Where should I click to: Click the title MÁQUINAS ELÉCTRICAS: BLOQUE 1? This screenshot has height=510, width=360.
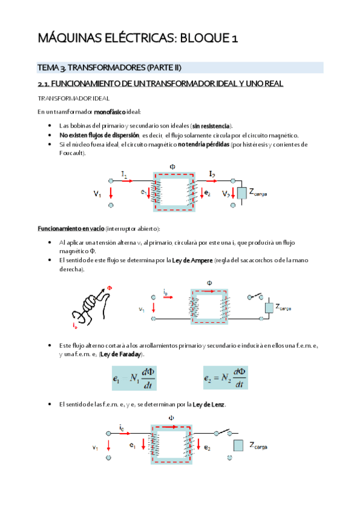pyautogui.click(x=138, y=39)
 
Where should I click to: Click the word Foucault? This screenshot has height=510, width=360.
pyautogui.click(x=72, y=153)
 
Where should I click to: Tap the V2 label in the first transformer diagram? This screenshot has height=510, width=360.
pyautogui.click(x=225, y=194)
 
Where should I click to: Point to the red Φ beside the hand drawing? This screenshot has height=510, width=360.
pyautogui.click(x=109, y=287)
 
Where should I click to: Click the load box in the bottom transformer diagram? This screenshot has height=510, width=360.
pyautogui.click(x=239, y=446)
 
